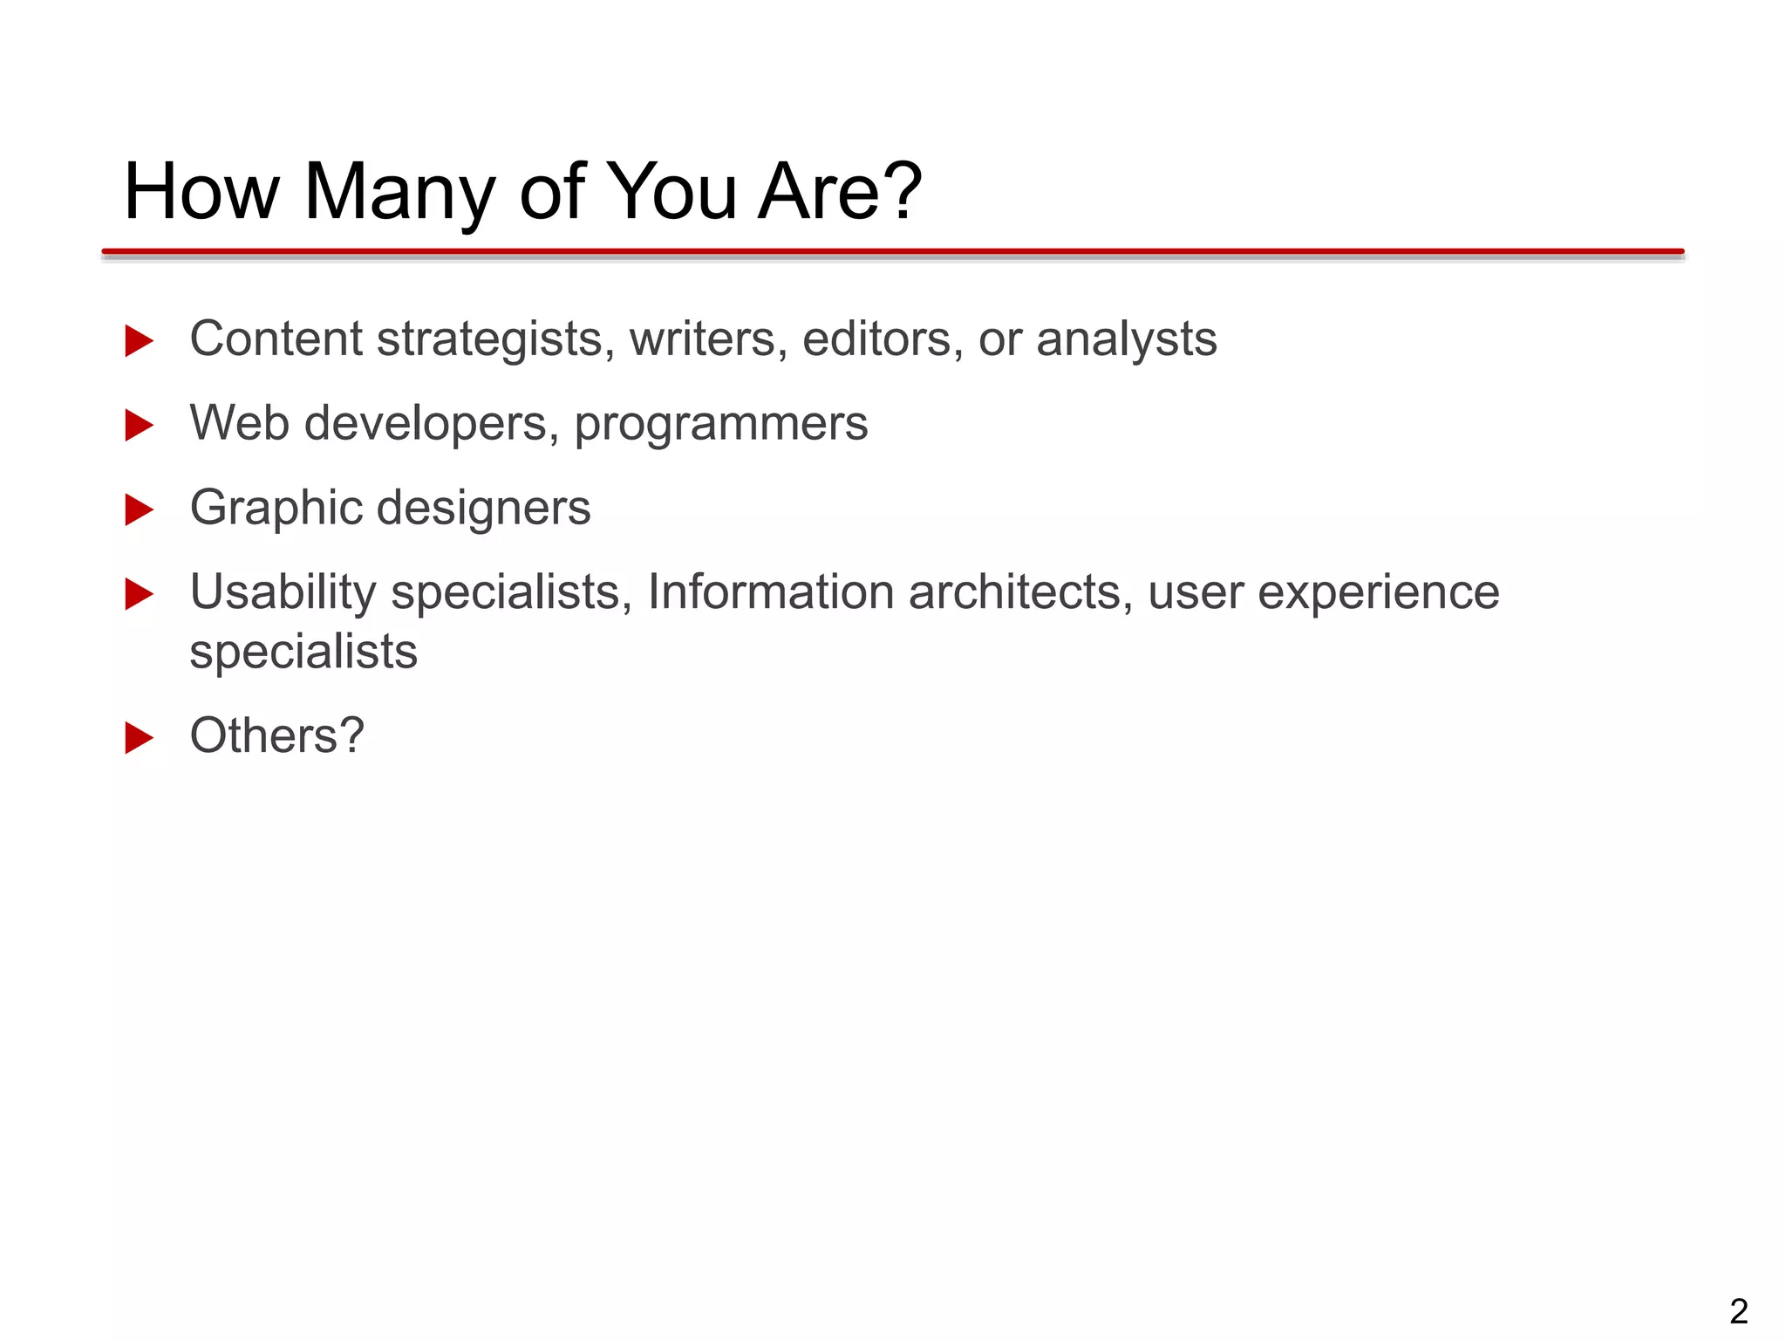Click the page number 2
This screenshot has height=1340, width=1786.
click(x=1738, y=1311)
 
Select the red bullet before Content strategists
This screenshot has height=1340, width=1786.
click(x=140, y=340)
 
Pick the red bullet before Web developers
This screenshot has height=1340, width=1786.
click(x=140, y=425)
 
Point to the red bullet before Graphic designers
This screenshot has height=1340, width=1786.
click(x=140, y=509)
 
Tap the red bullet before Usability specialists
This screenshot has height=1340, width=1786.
click(x=140, y=594)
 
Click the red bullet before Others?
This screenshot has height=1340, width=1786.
click(x=140, y=737)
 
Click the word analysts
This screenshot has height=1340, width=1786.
click(x=1126, y=340)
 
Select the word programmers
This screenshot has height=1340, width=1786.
click(x=720, y=425)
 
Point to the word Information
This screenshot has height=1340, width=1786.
click(x=770, y=592)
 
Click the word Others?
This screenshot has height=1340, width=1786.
click(x=276, y=735)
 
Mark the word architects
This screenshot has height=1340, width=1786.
click(x=1020, y=592)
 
